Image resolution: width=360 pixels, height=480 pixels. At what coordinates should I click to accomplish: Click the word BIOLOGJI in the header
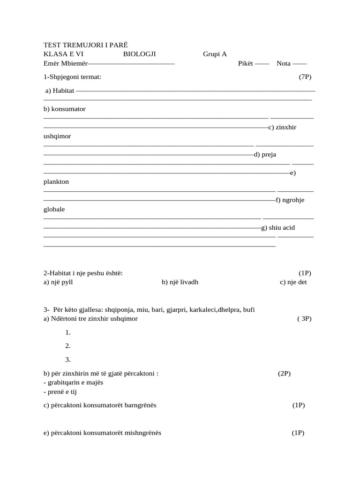[x=139, y=54]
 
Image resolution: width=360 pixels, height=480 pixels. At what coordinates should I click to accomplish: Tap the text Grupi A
[x=215, y=54]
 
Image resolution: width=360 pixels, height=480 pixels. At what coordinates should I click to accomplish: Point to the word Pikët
[x=246, y=64]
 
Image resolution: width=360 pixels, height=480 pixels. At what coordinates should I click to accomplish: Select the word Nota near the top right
[x=284, y=64]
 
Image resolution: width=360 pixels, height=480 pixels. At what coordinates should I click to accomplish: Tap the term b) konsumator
[x=65, y=109]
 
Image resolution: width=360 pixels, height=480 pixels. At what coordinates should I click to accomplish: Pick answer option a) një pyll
[x=58, y=282]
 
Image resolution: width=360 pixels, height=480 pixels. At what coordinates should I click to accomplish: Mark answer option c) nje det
[x=293, y=282]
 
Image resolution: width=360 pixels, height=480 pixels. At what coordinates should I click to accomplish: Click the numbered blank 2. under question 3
[x=68, y=346]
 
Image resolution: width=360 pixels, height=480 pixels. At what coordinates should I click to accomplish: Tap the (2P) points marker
[x=284, y=374]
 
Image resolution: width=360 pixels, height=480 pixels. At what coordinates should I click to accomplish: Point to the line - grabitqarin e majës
[x=73, y=382]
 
